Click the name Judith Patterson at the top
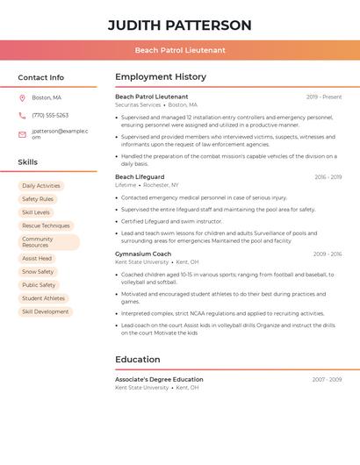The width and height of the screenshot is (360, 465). tap(179, 25)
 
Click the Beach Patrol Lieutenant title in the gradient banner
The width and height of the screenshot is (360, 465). tap(179, 50)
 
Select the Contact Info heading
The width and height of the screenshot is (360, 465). tap(40, 77)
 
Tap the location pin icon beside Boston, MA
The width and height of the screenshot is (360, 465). tap(22, 97)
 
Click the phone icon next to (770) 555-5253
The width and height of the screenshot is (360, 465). tap(22, 115)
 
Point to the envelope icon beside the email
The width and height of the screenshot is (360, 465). tap(22, 134)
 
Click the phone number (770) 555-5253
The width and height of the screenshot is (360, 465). tap(50, 115)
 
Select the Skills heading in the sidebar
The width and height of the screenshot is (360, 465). tap(27, 162)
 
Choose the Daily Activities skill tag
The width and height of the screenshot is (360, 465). tap(41, 186)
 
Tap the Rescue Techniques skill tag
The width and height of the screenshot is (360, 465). tap(46, 225)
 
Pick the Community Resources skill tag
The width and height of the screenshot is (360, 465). tap(48, 242)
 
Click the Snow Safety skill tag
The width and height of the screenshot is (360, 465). tap(38, 272)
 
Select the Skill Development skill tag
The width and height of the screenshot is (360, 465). tap(45, 311)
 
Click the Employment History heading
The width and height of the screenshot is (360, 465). tap(161, 77)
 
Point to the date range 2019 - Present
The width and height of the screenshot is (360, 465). tap(324, 97)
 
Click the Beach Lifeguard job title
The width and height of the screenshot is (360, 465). tap(140, 177)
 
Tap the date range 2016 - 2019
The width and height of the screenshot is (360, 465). tap(328, 177)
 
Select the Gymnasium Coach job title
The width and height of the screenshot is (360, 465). tap(143, 254)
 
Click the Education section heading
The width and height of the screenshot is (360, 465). tap(138, 360)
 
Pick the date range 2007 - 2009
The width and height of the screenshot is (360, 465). tap(327, 380)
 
